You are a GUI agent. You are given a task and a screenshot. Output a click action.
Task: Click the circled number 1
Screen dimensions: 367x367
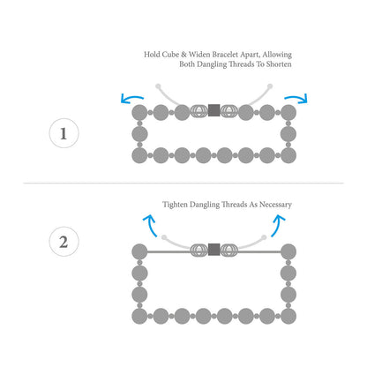(64, 133)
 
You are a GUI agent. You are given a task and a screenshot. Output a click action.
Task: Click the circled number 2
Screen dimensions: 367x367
(64, 242)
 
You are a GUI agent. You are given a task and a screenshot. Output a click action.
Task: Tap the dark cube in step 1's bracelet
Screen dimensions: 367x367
(213, 110)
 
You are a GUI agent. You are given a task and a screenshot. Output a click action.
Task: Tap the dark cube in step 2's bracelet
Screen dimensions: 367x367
(213, 250)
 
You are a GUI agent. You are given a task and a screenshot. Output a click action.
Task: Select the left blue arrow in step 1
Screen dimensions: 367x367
(131, 99)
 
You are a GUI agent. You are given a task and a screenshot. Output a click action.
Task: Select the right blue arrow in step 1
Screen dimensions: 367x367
(296, 98)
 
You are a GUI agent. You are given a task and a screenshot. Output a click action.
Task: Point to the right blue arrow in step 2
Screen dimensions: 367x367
(278, 225)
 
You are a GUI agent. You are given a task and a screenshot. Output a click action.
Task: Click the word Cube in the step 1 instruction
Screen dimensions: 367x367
(170, 55)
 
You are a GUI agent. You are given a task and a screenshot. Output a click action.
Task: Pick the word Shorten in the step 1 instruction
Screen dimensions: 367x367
(279, 64)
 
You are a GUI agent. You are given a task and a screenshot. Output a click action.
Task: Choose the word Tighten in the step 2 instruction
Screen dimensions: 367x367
(175, 205)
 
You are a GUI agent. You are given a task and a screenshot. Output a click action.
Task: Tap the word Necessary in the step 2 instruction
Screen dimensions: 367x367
(275, 205)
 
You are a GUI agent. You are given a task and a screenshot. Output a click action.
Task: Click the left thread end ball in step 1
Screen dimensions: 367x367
(158, 86)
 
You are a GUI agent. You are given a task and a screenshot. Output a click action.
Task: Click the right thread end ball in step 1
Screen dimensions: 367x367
(270, 86)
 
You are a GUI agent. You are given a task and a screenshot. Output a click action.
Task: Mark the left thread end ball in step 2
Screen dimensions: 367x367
(164, 237)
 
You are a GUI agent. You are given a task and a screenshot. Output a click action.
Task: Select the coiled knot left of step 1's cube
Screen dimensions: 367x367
(199, 111)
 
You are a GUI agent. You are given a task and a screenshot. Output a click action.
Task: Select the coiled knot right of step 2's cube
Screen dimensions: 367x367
(228, 250)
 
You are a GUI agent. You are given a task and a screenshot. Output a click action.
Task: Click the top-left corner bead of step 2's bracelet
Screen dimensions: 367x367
(139, 251)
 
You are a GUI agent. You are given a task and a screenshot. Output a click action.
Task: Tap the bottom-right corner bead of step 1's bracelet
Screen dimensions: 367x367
(288, 155)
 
